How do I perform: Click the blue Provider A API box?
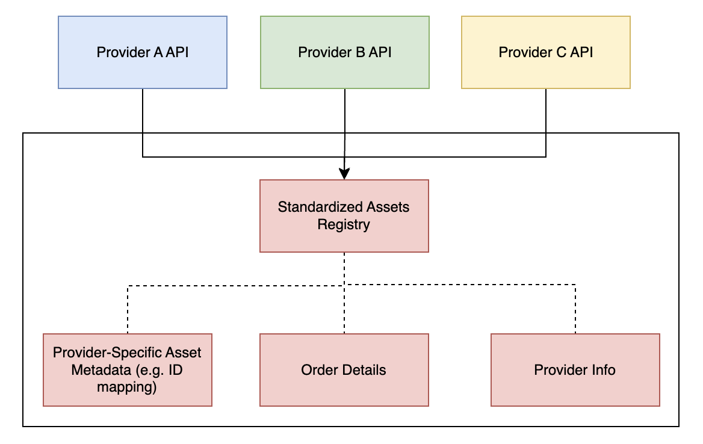click(143, 52)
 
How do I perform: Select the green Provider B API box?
click(344, 52)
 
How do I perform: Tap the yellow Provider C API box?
click(545, 52)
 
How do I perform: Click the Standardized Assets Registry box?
click(344, 215)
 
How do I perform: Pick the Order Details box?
click(344, 369)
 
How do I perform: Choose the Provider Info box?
click(575, 369)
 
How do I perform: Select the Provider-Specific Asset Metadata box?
click(128, 369)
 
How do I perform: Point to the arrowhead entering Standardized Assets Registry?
click(344, 174)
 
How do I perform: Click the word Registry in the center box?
click(344, 225)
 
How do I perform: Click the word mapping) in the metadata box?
click(127, 387)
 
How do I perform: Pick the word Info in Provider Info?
click(603, 369)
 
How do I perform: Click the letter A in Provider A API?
click(158, 52)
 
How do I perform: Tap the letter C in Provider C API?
click(562, 52)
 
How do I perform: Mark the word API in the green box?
click(380, 52)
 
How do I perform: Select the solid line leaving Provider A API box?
click(143, 120)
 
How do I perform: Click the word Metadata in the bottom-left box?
click(96, 369)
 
